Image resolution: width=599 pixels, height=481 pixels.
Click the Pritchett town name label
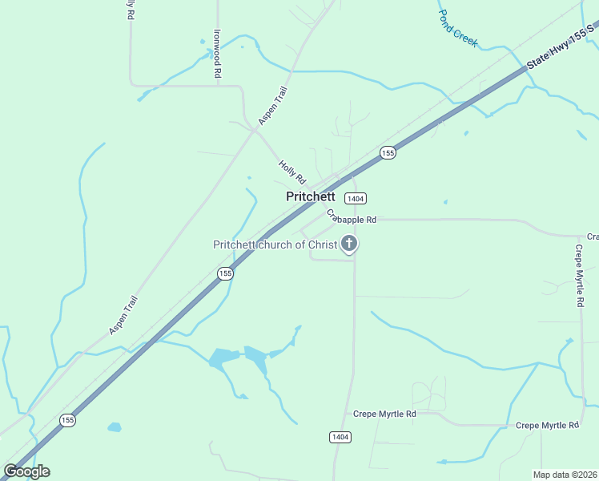point(311,196)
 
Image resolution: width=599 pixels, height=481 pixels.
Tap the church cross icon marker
point(348,243)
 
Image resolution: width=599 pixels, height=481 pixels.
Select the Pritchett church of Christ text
point(275,245)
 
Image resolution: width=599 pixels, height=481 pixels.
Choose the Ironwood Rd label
point(216,54)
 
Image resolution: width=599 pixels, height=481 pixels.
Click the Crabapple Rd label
point(351,218)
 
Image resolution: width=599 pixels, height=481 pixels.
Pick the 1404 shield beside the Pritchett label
point(356,198)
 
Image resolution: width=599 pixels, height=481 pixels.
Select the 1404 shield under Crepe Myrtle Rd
point(340,436)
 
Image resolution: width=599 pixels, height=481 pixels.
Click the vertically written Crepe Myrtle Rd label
point(579,273)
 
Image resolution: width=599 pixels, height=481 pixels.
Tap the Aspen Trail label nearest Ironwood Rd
point(272,106)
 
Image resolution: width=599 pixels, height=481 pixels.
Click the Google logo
point(27,471)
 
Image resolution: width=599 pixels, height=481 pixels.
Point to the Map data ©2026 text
point(565,475)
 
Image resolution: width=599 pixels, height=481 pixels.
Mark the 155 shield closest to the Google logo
point(68,420)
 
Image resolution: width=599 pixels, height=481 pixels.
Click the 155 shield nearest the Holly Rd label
point(388,152)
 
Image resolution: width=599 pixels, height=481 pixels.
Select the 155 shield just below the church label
point(225,273)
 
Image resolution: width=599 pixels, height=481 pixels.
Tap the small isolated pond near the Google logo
point(114,427)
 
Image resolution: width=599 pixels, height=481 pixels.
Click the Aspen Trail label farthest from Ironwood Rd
point(124,316)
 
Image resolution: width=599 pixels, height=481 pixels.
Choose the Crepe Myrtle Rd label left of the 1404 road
point(384,414)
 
